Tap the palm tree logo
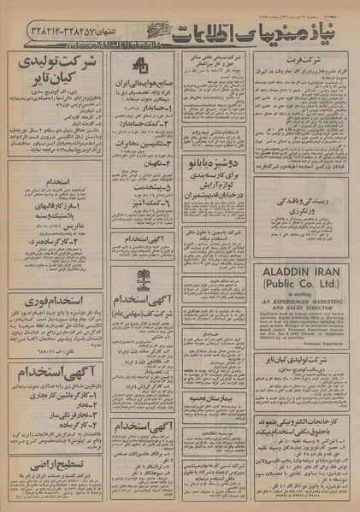pos(142,278)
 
